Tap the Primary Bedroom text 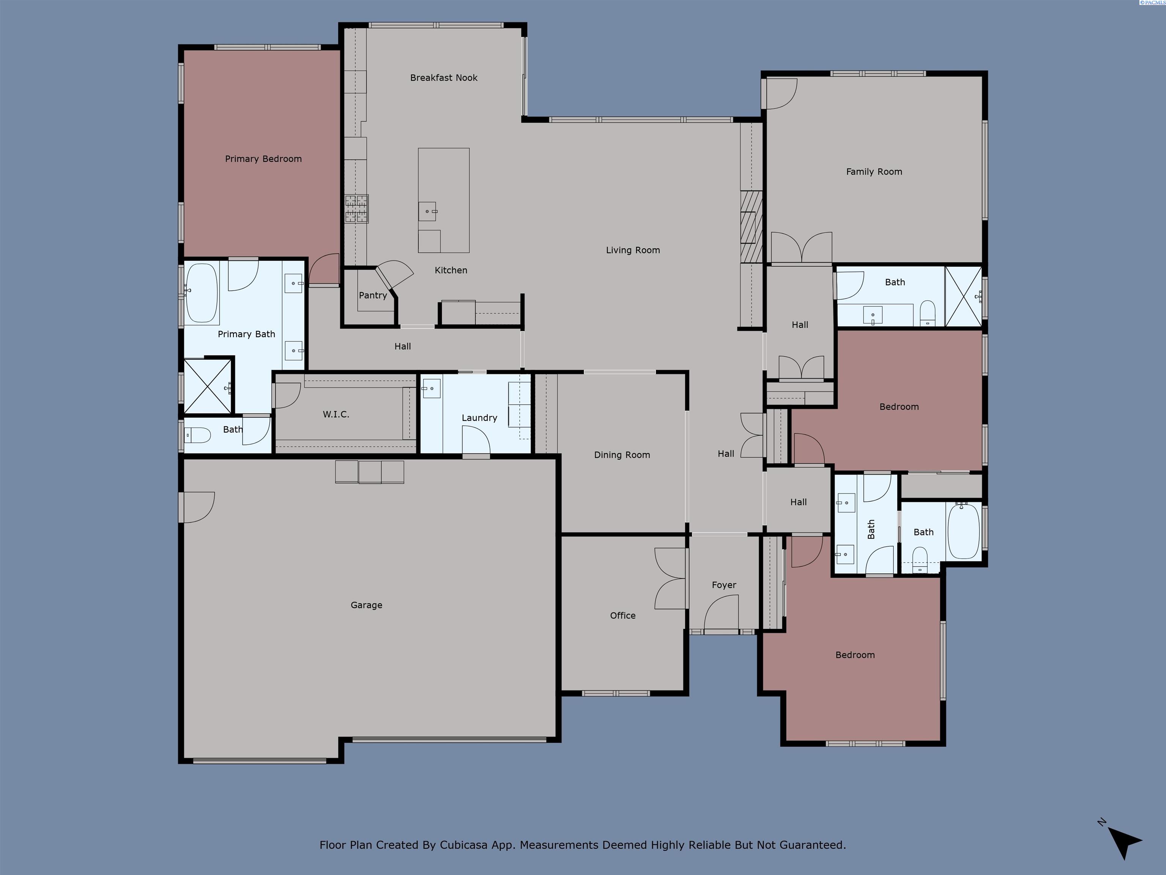click(263, 159)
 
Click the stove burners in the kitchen click(356, 209)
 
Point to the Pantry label click(373, 295)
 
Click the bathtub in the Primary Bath click(202, 293)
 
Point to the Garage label click(366, 605)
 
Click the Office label click(622, 616)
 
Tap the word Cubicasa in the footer click(463, 845)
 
